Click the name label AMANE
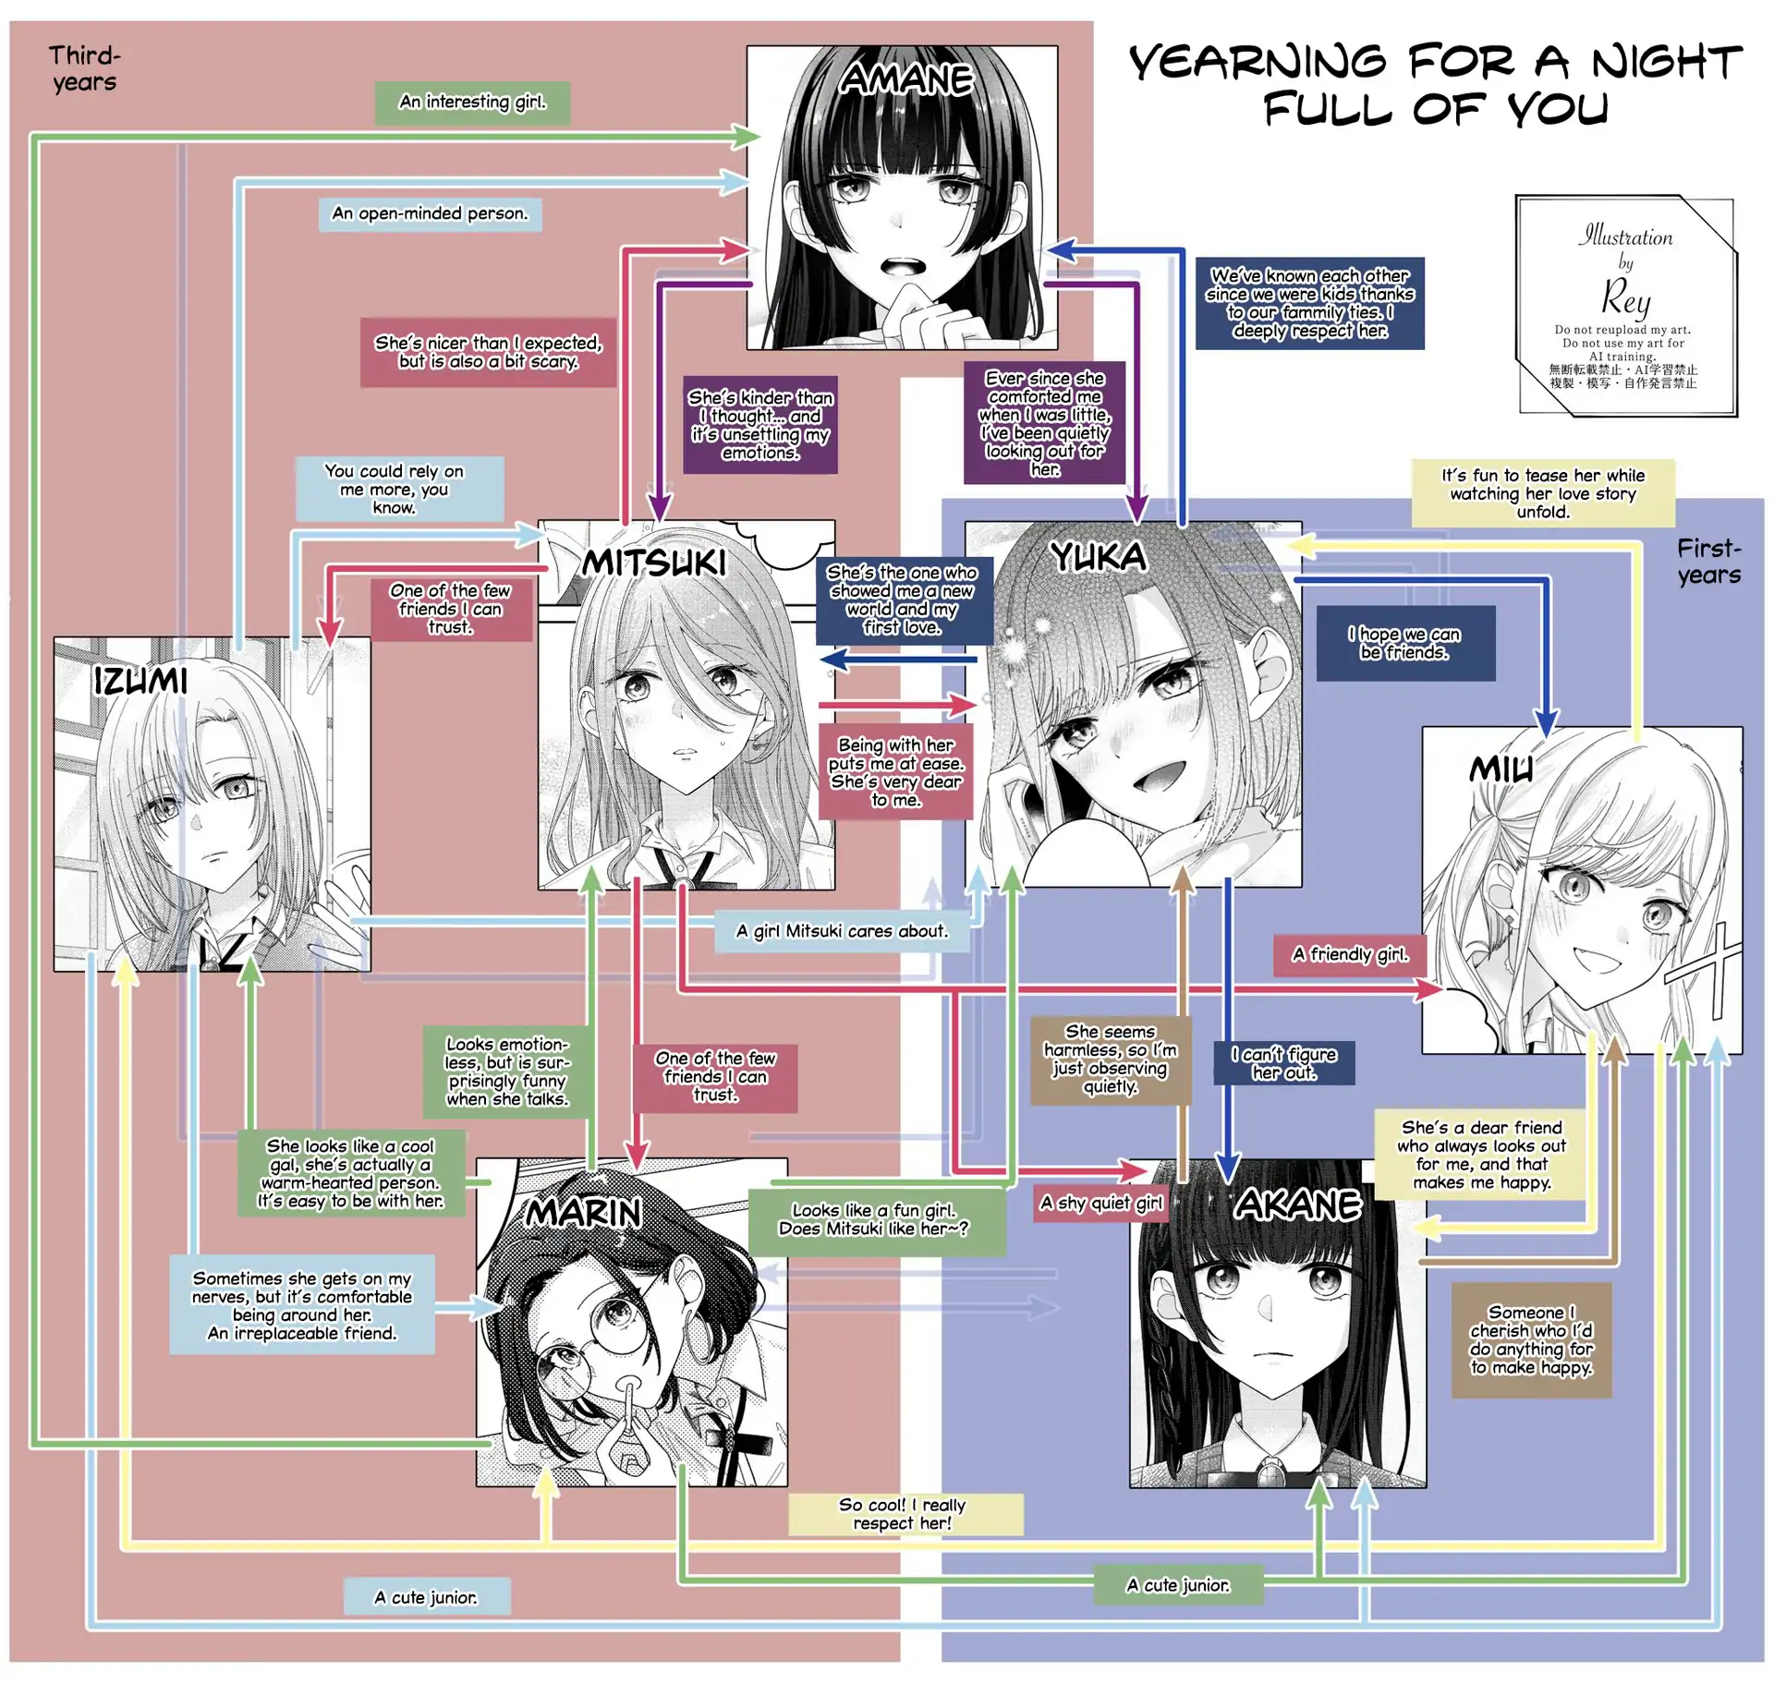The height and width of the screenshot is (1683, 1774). [906, 79]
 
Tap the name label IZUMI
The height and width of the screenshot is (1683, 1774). [140, 682]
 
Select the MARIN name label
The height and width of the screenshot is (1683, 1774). [584, 1212]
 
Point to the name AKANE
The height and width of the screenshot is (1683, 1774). [1298, 1205]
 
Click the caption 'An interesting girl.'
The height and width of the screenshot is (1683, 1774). [472, 103]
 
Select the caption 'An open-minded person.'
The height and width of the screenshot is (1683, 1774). [430, 214]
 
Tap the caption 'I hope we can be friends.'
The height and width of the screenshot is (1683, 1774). [1404, 644]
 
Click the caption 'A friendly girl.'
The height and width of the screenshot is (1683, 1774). [1350, 955]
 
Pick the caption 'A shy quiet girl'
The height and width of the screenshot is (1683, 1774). [1100, 1203]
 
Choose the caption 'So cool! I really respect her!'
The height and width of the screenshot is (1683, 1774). [903, 1514]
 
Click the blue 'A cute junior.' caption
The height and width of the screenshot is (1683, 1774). [426, 1597]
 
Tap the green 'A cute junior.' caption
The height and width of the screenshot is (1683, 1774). [1178, 1585]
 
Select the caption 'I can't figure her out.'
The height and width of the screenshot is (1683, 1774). [1283, 1063]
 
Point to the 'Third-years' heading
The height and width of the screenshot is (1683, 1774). [84, 69]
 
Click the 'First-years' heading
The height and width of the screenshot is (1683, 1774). [1709, 562]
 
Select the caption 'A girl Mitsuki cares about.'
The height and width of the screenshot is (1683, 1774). [842, 931]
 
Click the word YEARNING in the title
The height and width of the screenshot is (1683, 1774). [1258, 63]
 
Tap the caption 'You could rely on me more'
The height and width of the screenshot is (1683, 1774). [395, 489]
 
